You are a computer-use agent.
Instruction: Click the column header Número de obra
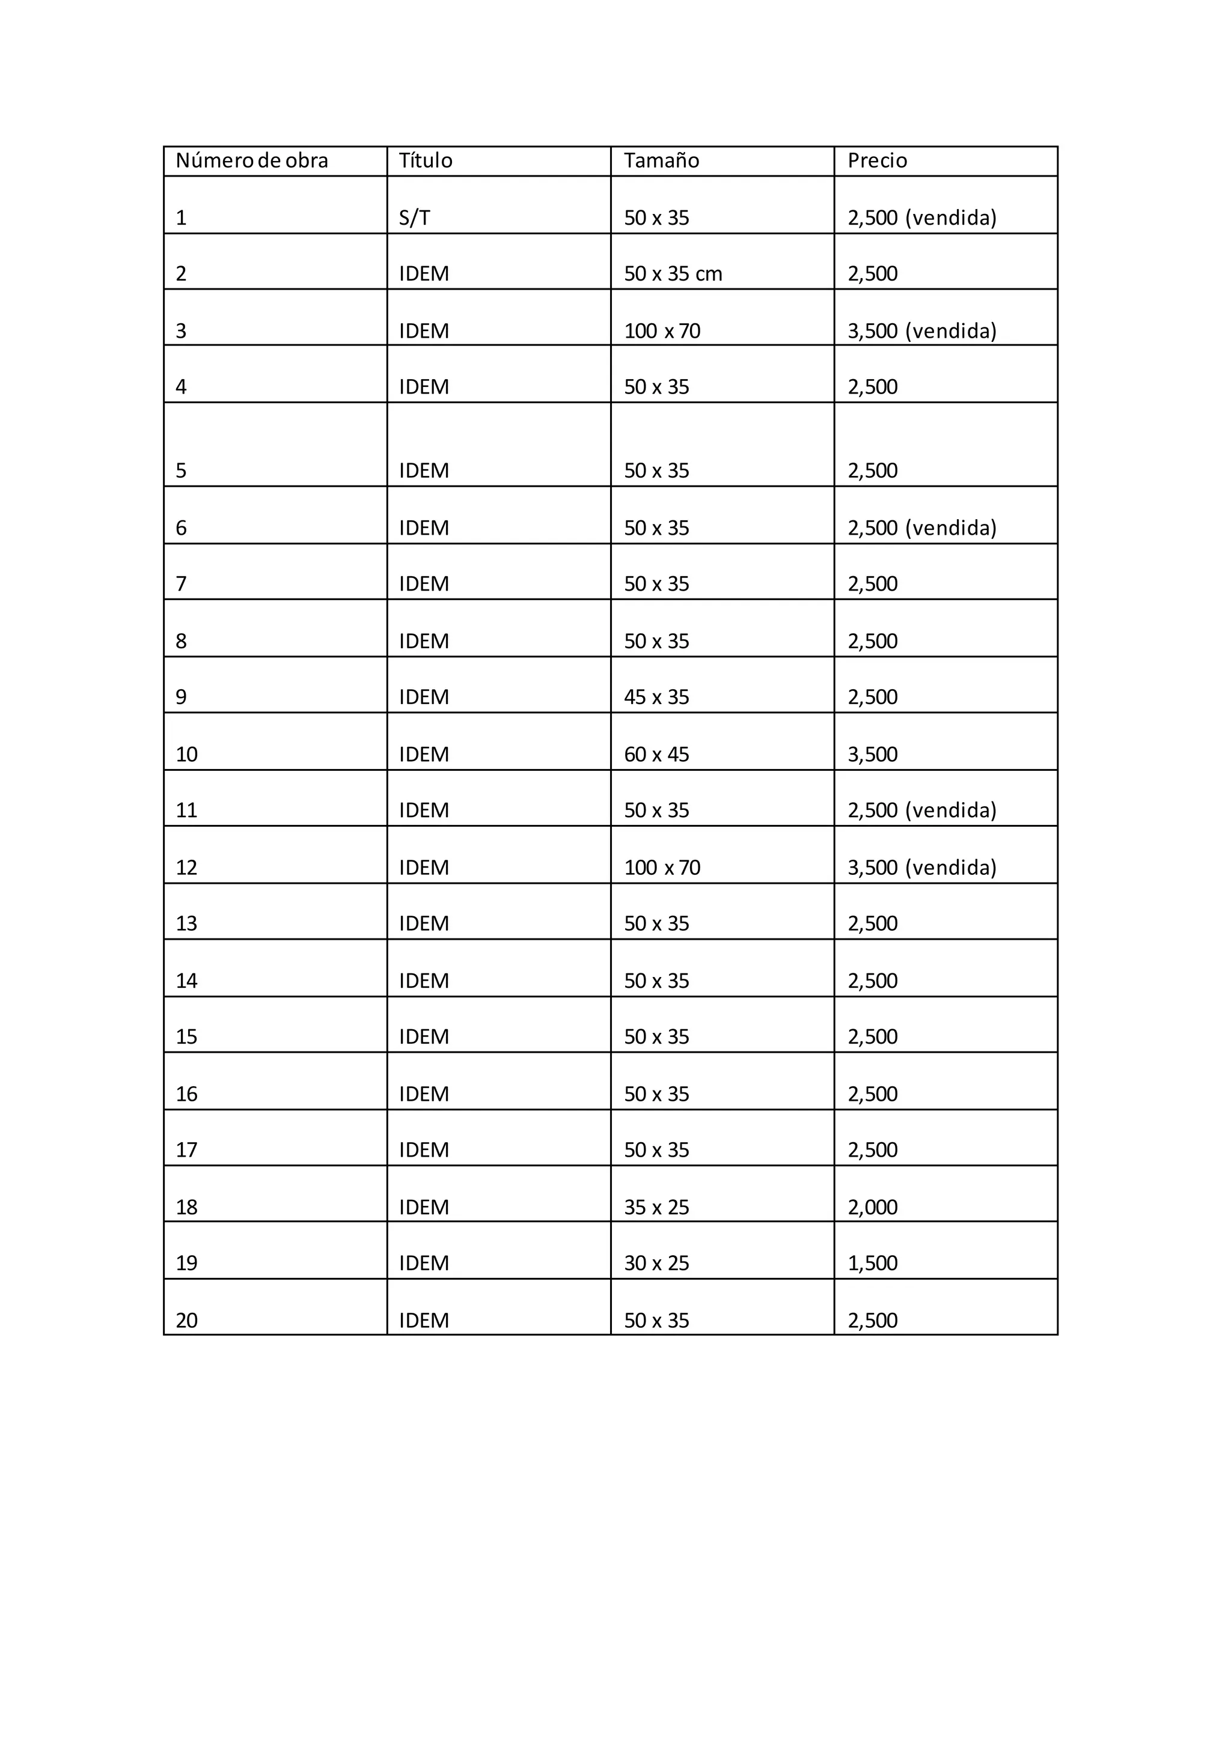[252, 160]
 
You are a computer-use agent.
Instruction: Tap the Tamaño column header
[661, 160]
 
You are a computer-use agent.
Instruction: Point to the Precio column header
[877, 160]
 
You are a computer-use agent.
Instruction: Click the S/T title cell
[415, 218]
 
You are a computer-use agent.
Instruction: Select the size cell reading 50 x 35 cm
[673, 273]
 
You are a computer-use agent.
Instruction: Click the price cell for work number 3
[921, 331]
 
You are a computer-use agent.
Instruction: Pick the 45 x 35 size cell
[656, 697]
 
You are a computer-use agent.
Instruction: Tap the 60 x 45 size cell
[656, 755]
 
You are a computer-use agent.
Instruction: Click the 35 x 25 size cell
[656, 1207]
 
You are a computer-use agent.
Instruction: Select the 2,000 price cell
[873, 1207]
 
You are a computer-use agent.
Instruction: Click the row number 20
[186, 1321]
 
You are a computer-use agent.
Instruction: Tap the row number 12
[186, 868]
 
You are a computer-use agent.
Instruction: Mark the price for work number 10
[873, 755]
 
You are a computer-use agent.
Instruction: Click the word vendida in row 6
[952, 528]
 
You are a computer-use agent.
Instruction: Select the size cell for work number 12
[662, 868]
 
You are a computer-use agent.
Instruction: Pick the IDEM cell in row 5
[424, 470]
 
